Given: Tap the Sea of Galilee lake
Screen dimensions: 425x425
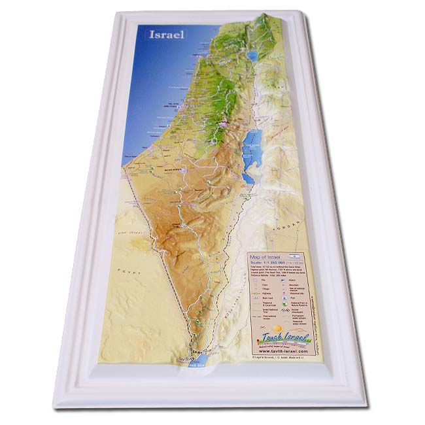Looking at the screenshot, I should pyautogui.click(x=252, y=56).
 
